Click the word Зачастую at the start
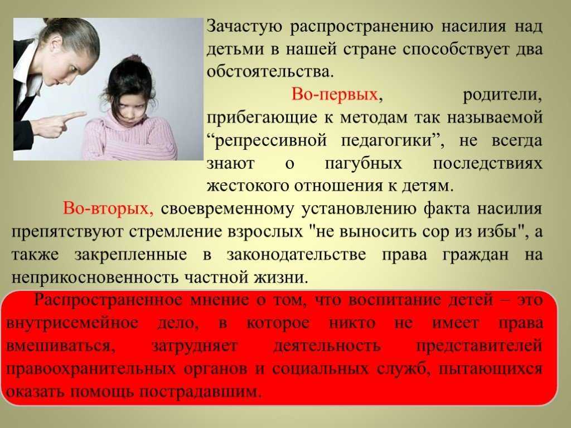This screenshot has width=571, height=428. tap(244, 27)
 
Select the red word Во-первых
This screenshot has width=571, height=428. tap(335, 94)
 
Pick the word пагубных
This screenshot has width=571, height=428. tap(364, 164)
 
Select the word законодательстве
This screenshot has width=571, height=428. tap(296, 254)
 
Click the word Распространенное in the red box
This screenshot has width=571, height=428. tap(108, 300)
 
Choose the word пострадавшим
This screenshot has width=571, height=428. tap(201, 392)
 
